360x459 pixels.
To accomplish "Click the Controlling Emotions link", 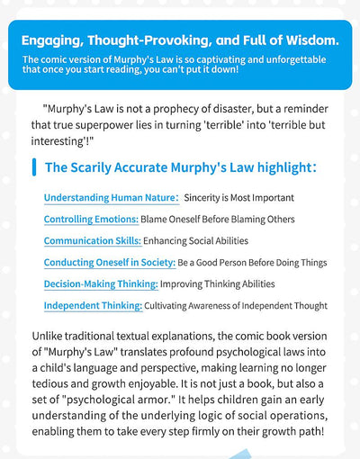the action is click(91, 219).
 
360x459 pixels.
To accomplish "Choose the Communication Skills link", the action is click(93, 240).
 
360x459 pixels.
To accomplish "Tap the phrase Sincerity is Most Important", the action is click(239, 197).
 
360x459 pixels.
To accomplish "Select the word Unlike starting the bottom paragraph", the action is click(58, 337).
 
